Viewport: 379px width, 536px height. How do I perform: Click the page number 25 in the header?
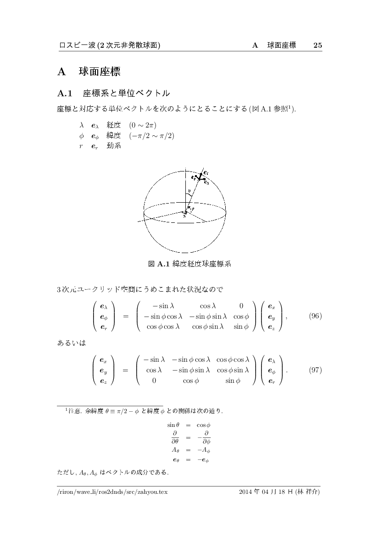point(318,45)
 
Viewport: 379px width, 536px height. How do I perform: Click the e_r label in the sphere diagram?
point(206,172)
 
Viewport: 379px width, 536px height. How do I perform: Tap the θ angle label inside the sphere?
point(189,192)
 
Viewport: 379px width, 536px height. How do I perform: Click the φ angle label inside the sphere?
point(192,209)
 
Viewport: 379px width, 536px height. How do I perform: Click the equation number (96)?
point(315,316)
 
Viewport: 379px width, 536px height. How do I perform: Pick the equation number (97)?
point(315,370)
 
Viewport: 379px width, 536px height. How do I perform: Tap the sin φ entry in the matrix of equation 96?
point(241,327)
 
